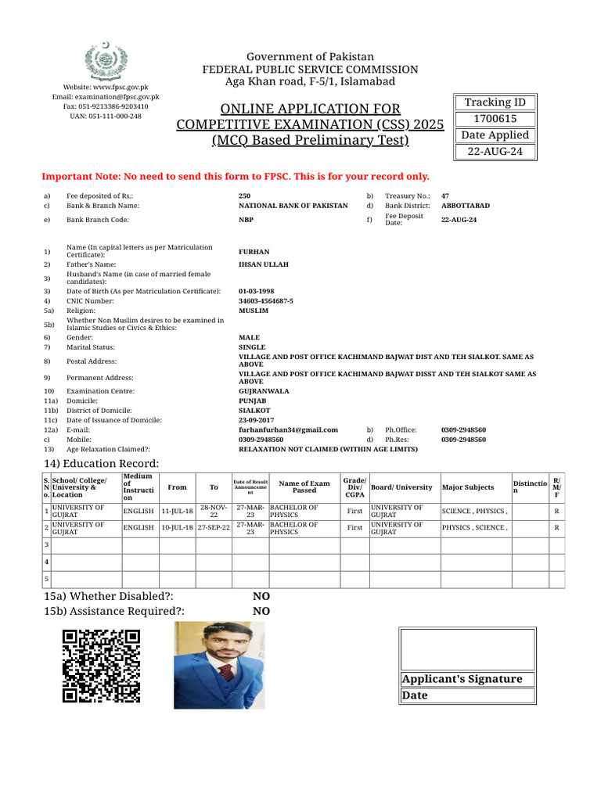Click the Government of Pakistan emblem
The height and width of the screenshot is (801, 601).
[105, 61]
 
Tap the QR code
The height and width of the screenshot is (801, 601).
[101, 666]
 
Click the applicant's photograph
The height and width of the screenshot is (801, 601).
[219, 665]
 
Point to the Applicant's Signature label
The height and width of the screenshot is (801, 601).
[461, 679]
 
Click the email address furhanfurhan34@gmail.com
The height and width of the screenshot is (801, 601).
[288, 429]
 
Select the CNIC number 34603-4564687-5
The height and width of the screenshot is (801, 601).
[266, 300]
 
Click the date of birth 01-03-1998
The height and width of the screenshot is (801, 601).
[256, 291]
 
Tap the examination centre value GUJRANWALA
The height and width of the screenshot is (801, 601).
[264, 391]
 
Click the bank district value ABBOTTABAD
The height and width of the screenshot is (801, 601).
[466, 206]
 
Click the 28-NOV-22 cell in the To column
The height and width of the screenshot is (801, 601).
[214, 511]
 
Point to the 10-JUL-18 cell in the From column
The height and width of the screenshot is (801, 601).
[177, 528]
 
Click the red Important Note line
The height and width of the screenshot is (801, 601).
[235, 177]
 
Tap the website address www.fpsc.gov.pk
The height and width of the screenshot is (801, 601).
[105, 87]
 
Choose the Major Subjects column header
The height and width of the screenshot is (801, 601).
[468, 487]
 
